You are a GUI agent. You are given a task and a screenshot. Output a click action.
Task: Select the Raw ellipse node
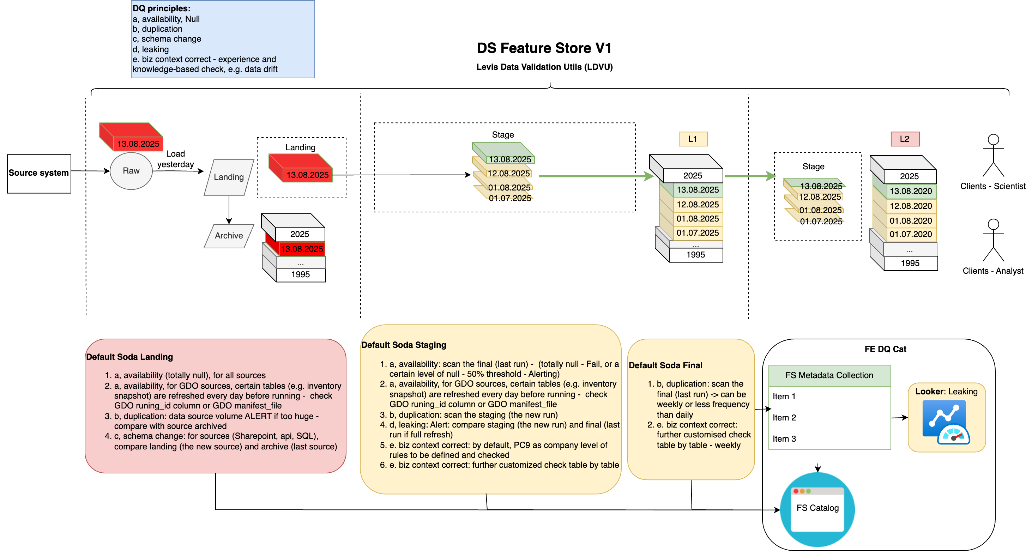click(131, 171)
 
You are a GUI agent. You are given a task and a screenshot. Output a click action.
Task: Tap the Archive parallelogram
click(229, 236)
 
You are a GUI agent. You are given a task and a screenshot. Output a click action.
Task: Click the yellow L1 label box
click(693, 139)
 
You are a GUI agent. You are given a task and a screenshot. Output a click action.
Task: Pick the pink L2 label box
click(905, 139)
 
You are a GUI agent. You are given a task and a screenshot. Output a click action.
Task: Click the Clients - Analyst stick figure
click(993, 240)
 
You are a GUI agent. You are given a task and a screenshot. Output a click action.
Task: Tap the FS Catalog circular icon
click(817, 509)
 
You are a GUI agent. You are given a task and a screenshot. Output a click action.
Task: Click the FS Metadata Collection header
click(829, 375)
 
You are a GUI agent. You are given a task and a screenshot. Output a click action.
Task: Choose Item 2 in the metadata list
click(784, 418)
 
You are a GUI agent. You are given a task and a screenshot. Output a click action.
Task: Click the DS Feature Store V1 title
click(544, 48)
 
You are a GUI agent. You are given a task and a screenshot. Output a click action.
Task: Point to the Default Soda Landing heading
click(129, 357)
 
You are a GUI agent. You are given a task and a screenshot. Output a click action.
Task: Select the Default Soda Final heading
click(665, 365)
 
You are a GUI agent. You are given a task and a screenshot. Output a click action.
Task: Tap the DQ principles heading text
click(161, 8)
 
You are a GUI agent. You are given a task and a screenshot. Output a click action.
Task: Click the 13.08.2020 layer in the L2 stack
click(911, 192)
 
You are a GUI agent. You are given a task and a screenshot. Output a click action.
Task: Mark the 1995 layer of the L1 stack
click(695, 255)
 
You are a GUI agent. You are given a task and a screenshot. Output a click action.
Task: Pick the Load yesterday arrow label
click(175, 159)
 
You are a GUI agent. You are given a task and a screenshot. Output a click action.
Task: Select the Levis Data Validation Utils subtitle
click(544, 67)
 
